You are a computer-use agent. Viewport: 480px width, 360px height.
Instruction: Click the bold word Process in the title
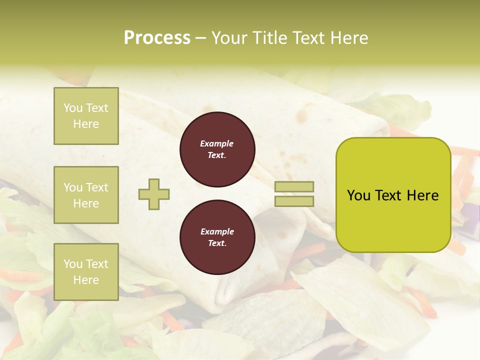click(157, 38)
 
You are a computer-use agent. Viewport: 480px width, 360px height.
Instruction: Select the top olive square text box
click(86, 116)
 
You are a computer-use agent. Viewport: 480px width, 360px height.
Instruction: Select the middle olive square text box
click(86, 195)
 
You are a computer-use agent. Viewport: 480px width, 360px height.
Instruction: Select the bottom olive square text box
click(86, 271)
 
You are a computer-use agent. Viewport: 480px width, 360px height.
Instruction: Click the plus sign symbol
click(154, 194)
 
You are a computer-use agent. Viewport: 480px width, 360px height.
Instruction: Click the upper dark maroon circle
click(217, 149)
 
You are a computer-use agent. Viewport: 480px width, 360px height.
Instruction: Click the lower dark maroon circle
click(217, 237)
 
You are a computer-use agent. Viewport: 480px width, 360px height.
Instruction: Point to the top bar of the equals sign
click(294, 187)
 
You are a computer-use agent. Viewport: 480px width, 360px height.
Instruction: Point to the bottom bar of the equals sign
click(294, 201)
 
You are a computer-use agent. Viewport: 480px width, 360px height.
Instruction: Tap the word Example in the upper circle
click(217, 143)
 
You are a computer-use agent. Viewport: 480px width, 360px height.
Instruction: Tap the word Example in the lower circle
click(217, 231)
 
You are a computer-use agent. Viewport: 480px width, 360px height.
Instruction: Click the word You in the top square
click(72, 108)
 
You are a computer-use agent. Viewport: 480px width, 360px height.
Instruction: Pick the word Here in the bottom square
click(86, 280)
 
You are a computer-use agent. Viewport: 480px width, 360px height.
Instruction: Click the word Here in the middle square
click(86, 203)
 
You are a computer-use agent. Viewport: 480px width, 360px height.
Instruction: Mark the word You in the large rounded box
click(358, 195)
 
